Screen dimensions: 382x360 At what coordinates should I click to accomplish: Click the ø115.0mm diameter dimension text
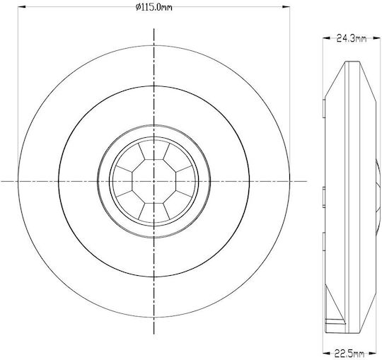coord(154,7)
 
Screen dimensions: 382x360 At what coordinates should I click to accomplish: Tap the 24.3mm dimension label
coord(352,38)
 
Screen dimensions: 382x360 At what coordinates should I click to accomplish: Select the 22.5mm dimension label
coord(349,353)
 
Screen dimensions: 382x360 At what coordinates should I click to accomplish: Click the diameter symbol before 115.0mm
coord(138,7)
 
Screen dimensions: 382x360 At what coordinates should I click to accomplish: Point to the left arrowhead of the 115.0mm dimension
coord(22,7)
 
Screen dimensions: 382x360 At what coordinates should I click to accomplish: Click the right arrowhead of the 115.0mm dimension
coord(286,7)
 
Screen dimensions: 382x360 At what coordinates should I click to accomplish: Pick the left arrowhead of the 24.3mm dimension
coord(327,38)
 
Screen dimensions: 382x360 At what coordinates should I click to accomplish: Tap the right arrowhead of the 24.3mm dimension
coord(376,38)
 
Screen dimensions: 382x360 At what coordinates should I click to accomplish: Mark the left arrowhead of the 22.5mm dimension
coord(328,353)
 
